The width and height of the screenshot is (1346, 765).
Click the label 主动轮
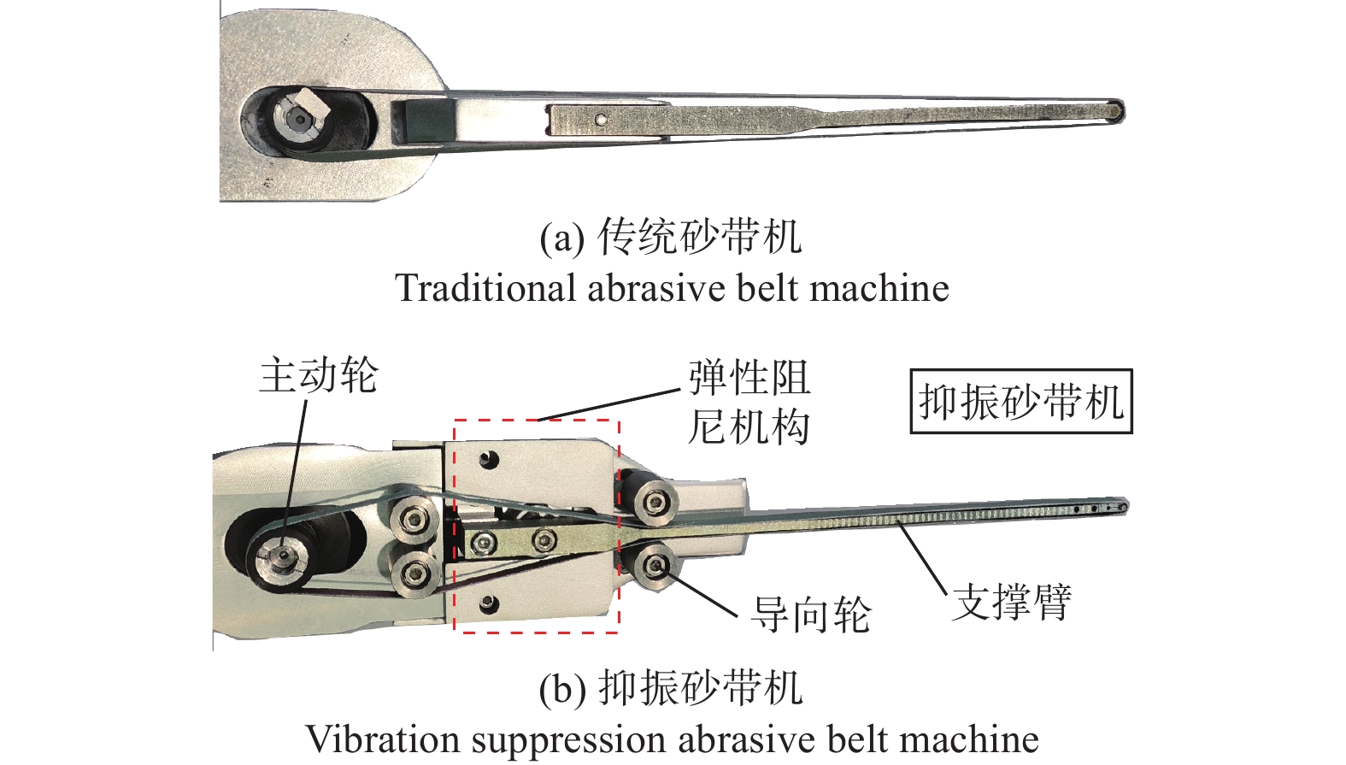click(318, 376)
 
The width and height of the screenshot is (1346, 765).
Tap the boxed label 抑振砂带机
click(1020, 402)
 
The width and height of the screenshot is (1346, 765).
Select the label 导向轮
click(810, 615)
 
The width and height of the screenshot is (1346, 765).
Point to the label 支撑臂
click(1012, 602)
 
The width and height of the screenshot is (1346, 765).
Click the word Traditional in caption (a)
click(485, 288)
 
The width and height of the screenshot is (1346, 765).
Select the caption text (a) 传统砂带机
click(672, 237)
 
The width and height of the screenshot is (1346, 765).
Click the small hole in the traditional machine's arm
click(602, 120)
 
